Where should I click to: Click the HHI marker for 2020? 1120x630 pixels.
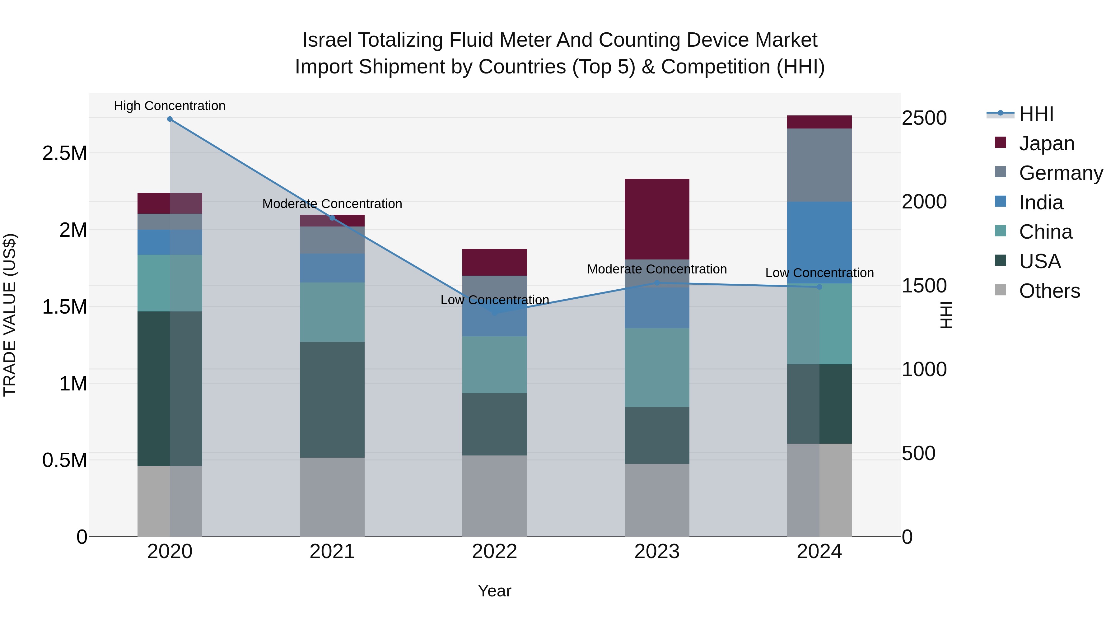[x=170, y=119]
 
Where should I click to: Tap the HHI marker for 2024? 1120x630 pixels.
[x=819, y=287]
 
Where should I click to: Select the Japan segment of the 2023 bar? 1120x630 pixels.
[x=657, y=219]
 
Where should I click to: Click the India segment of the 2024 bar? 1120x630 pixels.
[x=819, y=243]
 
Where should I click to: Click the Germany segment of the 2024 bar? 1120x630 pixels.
[x=819, y=165]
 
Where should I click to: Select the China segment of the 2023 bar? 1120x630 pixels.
[x=657, y=367]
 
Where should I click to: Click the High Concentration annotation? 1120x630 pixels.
[x=170, y=106]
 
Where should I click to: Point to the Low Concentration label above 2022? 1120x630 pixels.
[x=494, y=300]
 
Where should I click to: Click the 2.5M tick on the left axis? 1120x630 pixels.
[x=65, y=153]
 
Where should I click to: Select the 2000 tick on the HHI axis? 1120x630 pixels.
[x=924, y=202]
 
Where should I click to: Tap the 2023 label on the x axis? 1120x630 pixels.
[x=657, y=552]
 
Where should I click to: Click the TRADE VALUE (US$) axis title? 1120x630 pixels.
[x=10, y=315]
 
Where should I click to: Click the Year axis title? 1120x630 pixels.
[x=494, y=591]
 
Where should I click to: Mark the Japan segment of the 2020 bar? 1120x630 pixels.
[x=170, y=203]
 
